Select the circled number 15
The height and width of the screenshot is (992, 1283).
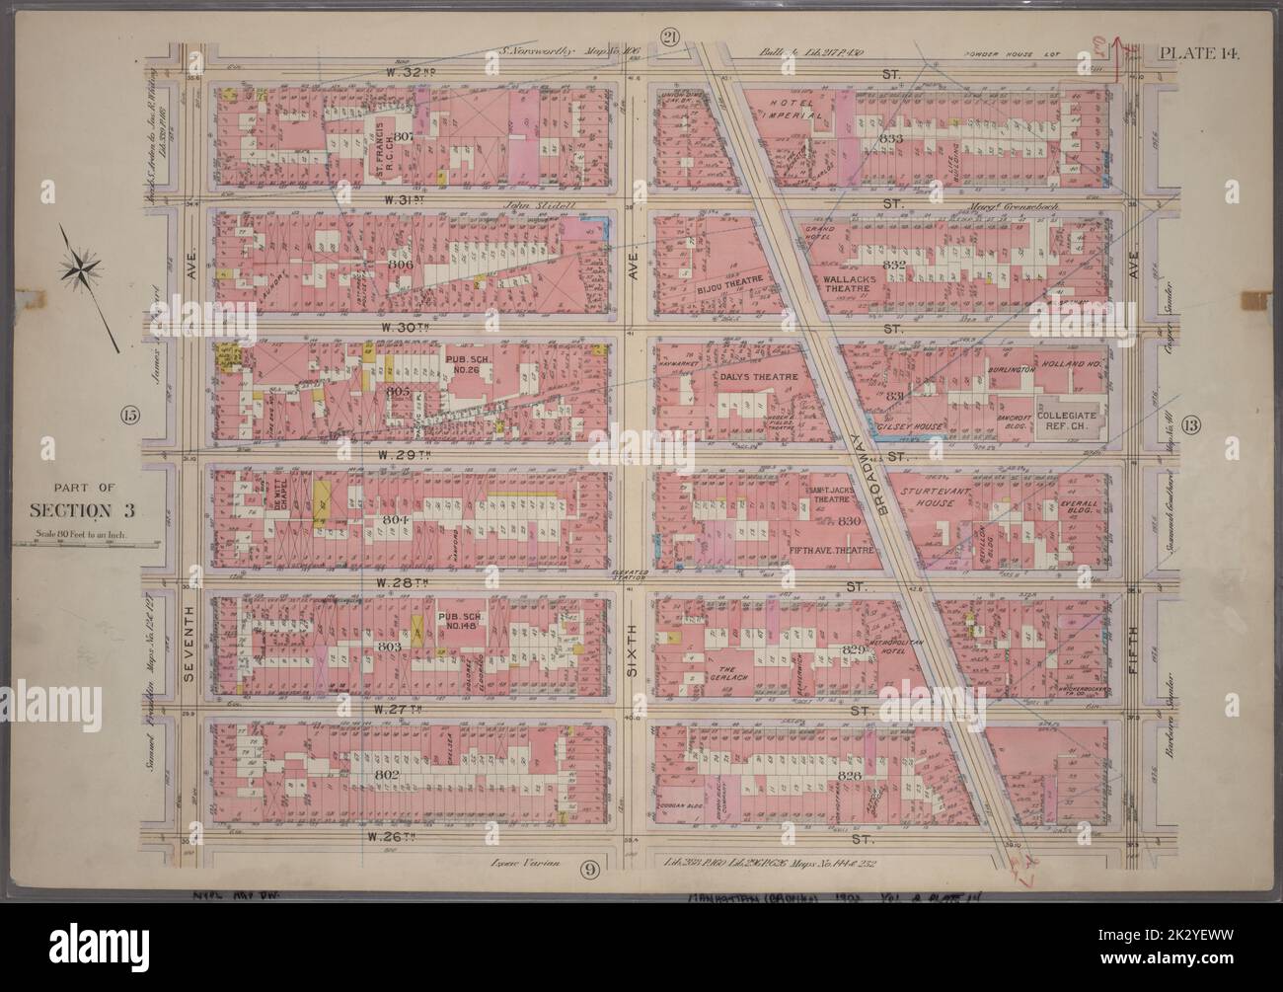pos(128,414)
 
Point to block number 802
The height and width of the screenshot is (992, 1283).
pos(387,775)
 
